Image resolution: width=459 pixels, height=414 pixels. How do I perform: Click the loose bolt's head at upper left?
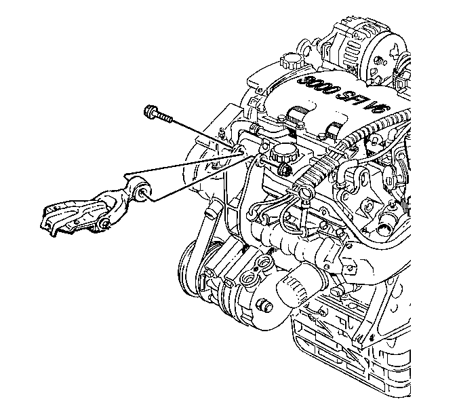pos(150,111)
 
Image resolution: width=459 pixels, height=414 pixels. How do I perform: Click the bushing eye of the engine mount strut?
pos(142,191)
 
